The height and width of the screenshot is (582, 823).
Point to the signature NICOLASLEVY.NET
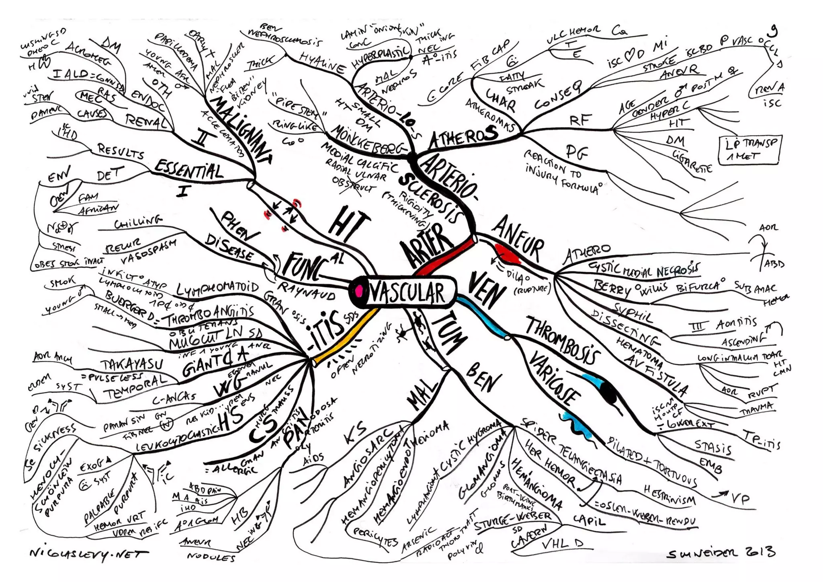(89, 555)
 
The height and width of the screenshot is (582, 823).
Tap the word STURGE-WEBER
(512, 518)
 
